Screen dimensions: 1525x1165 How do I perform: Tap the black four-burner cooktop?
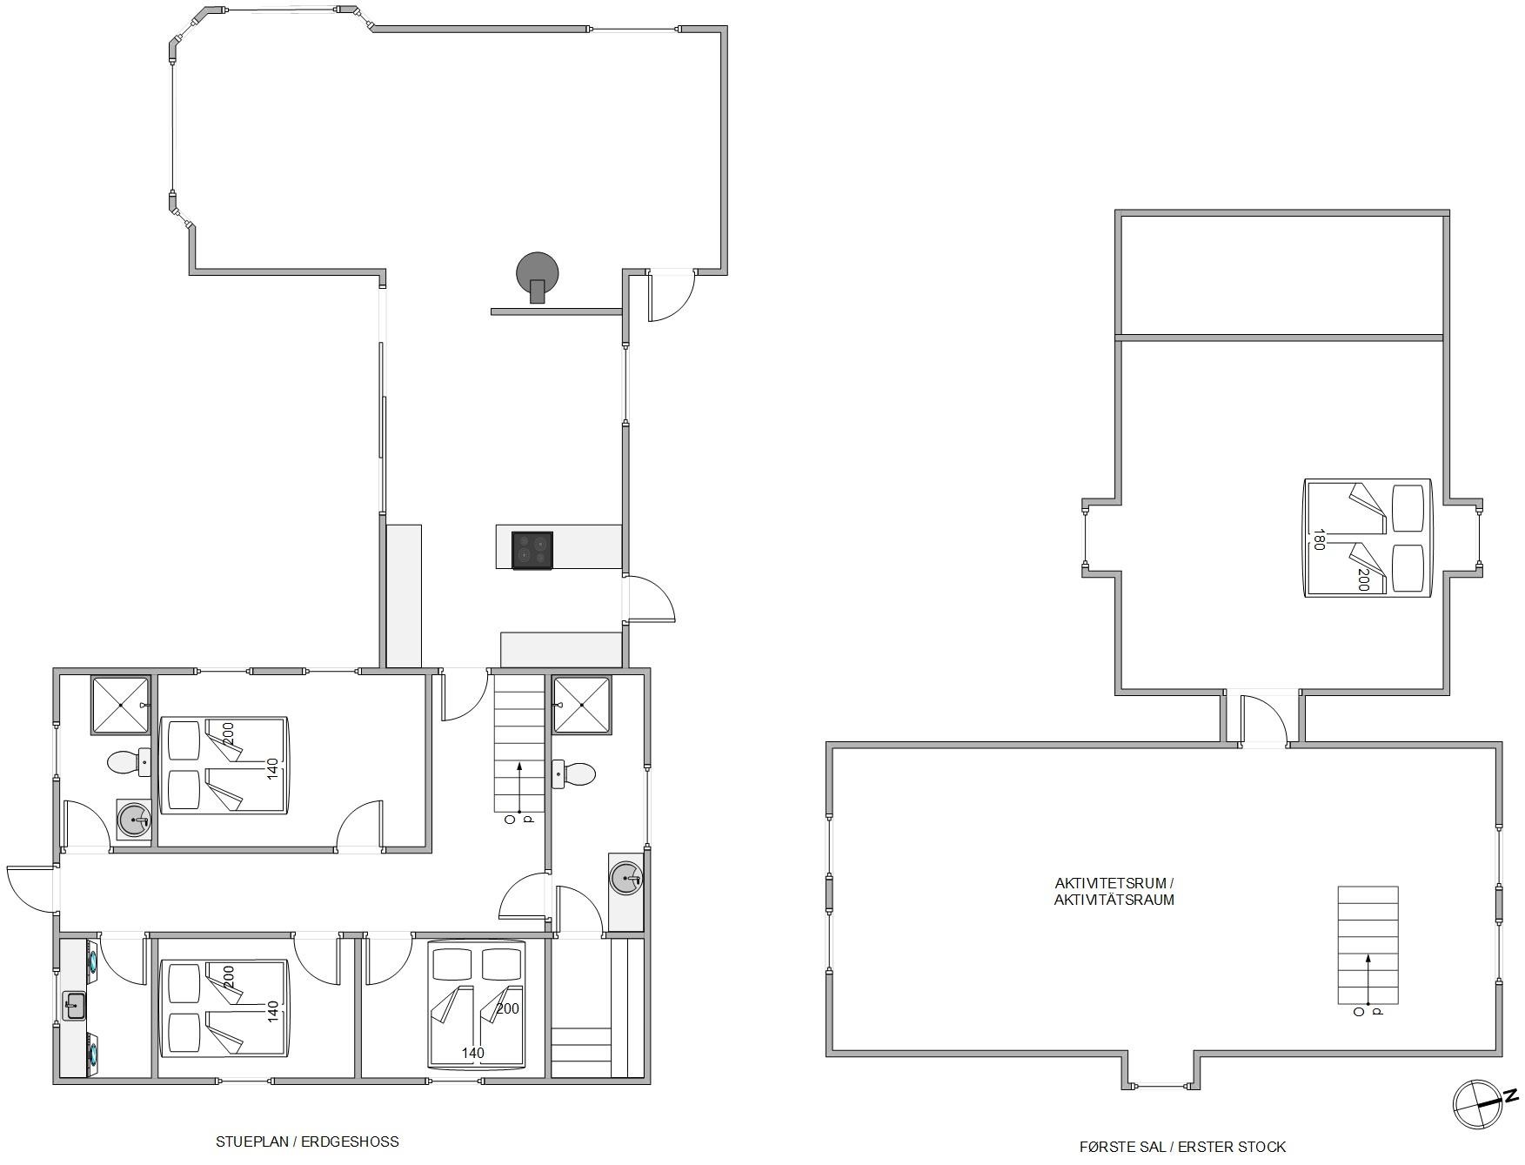point(532,551)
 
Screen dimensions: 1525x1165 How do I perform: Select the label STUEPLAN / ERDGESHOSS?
point(307,1142)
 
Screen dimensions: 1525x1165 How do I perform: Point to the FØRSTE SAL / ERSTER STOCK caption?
point(1182,1147)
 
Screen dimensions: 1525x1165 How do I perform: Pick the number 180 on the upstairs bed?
point(1319,539)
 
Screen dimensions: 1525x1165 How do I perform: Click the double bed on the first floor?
point(1368,538)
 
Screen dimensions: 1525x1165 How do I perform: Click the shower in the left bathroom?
point(120,706)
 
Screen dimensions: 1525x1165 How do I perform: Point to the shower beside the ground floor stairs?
point(582,705)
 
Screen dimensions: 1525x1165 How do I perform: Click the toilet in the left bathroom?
point(129,763)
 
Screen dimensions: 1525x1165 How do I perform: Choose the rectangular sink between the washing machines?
point(74,1006)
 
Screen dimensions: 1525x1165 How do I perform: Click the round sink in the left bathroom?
point(134,820)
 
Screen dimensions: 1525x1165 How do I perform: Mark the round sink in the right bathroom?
point(625,878)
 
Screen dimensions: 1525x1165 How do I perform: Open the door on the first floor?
point(1263,720)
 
